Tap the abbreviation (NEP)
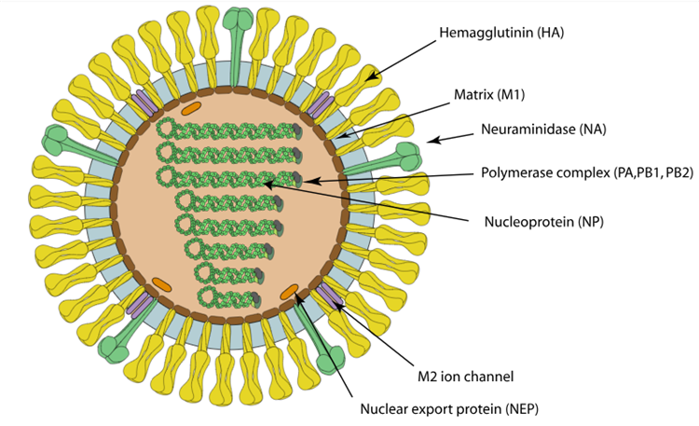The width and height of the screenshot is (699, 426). pyautogui.click(x=515, y=408)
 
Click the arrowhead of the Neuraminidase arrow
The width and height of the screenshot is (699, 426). pyautogui.click(x=431, y=141)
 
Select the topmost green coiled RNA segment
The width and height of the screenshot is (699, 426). pyautogui.click(x=229, y=130)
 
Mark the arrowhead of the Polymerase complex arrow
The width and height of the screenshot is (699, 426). pyautogui.click(x=310, y=180)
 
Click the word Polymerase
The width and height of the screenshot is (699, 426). pyautogui.click(x=515, y=172)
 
